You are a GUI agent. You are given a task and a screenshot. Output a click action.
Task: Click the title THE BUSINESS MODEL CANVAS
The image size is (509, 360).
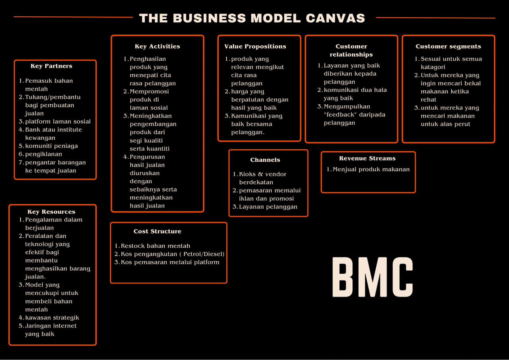pos(252,18)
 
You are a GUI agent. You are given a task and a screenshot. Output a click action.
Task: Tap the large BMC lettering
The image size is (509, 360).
pos(373,277)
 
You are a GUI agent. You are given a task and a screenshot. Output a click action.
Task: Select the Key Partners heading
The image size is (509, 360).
pos(51,66)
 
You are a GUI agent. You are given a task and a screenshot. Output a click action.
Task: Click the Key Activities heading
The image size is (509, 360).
pos(157,46)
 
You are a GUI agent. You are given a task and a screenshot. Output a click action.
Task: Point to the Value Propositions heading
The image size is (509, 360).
pos(255,46)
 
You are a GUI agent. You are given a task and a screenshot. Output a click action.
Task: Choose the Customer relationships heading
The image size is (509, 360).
pos(351,50)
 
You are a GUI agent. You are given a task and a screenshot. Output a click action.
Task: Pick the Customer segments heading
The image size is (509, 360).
pos(448,46)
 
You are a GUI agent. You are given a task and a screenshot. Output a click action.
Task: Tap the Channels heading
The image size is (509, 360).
pos(265,160)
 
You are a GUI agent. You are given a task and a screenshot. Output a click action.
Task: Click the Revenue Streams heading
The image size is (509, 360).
pos(367,158)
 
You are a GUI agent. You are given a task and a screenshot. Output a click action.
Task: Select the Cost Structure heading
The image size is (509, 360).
pos(157,231)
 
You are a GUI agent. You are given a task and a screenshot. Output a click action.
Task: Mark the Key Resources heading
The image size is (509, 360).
pos(51,212)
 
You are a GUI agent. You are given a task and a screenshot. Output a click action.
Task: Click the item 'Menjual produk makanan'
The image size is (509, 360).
pos(371,169)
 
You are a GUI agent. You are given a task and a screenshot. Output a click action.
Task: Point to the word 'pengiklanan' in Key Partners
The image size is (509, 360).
pos(44,154)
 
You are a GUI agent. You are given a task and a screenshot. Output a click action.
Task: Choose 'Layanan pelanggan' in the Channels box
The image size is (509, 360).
pos(268,207)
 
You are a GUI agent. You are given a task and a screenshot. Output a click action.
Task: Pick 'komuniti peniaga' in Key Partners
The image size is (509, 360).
pos(52,146)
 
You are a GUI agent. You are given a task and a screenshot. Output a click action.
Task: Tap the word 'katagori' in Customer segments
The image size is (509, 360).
pos(433,67)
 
